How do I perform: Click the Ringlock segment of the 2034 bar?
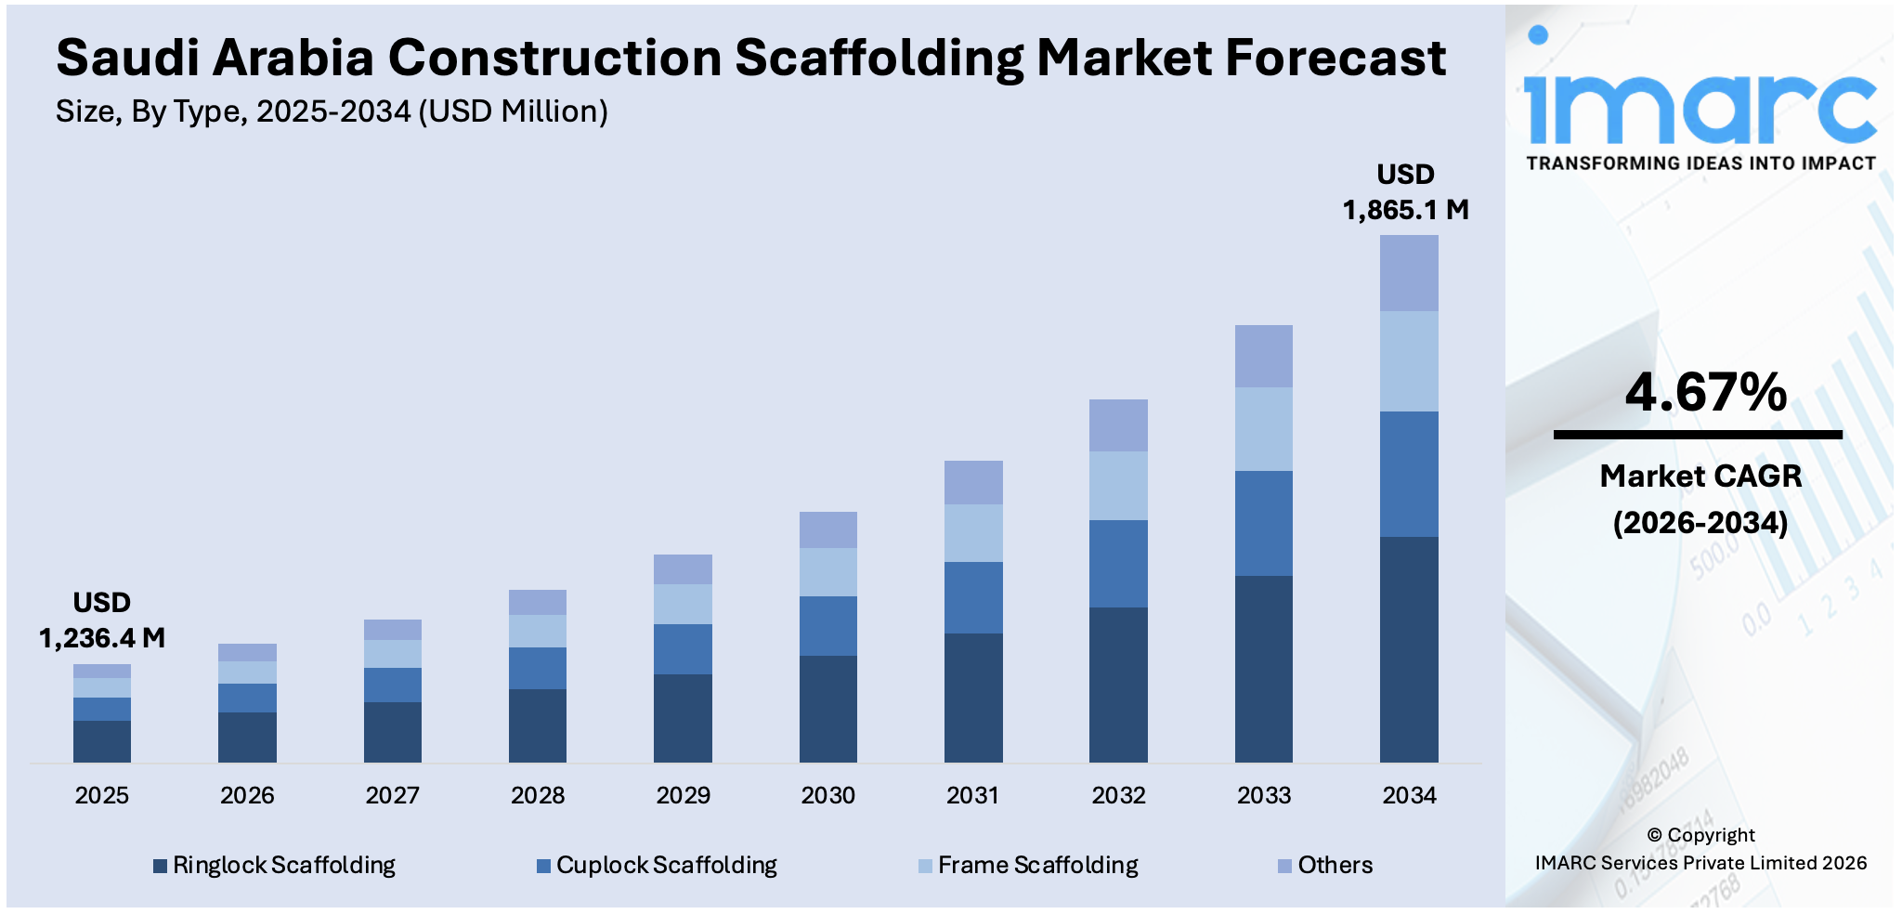click(1409, 649)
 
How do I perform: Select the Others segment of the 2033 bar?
click(1263, 356)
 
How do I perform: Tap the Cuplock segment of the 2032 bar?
click(1118, 564)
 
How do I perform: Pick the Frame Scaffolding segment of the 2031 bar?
click(973, 533)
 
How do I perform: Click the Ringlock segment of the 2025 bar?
click(102, 741)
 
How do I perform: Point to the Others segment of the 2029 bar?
click(683, 569)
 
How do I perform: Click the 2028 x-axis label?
click(538, 795)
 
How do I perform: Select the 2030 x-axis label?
click(827, 795)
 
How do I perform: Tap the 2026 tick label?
click(247, 795)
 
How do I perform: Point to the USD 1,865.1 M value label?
click(1405, 192)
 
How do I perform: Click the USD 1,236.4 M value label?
click(102, 620)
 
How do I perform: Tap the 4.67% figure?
click(1705, 392)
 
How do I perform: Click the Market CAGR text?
click(1700, 476)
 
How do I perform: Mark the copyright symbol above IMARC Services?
click(1655, 834)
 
